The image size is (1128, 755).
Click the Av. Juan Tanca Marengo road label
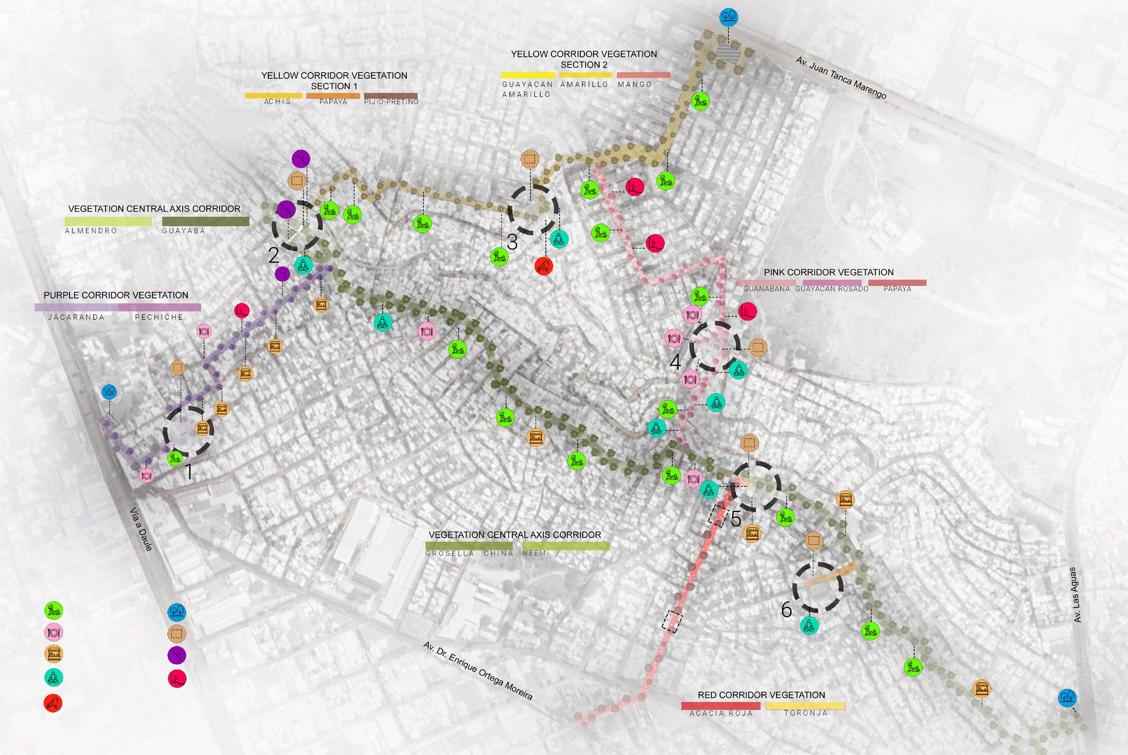(841, 78)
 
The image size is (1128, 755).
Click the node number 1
(189, 472)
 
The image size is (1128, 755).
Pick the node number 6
(787, 609)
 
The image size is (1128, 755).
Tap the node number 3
(512, 242)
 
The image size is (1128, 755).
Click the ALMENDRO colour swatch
(108, 221)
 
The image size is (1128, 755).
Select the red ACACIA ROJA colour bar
(720, 706)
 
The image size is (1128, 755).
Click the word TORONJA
(806, 713)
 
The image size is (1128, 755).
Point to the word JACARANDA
(76, 317)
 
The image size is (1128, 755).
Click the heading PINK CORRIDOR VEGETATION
(829, 272)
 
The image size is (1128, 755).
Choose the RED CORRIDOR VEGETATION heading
(761, 695)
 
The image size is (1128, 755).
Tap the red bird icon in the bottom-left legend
(53, 703)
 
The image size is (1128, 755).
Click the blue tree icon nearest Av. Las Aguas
(1067, 697)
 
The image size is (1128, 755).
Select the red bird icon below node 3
(543, 266)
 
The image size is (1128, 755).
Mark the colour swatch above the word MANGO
(643, 75)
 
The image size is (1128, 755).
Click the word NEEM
(534, 553)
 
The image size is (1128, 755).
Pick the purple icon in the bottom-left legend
(177, 655)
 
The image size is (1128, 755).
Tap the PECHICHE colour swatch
(159, 307)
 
